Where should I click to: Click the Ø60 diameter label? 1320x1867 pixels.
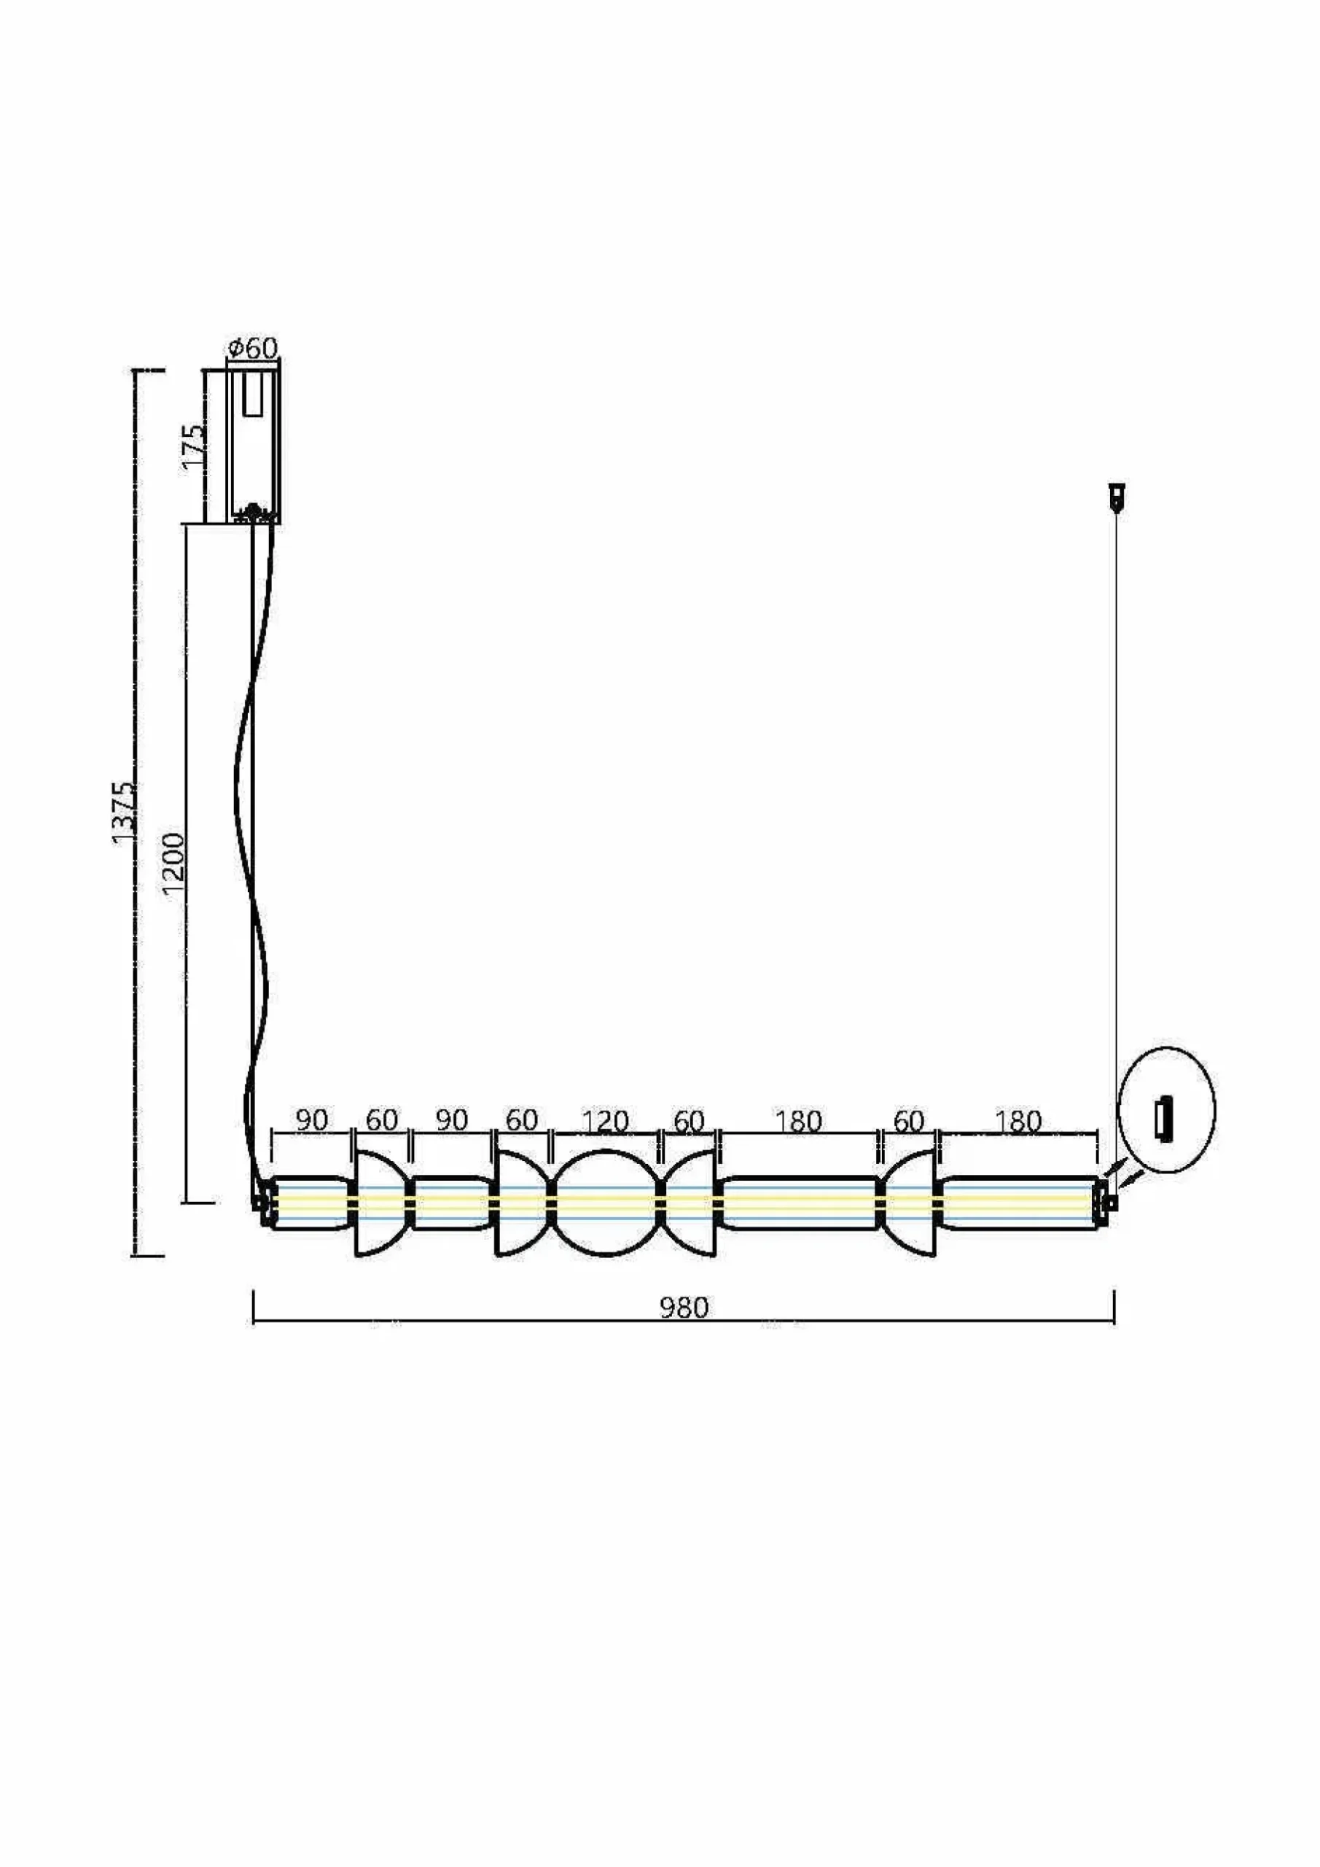tap(253, 349)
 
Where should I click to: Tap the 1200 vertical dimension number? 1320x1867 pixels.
tap(174, 863)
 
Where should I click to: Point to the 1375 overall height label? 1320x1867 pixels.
tap(125, 812)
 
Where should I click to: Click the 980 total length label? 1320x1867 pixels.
tap(684, 1308)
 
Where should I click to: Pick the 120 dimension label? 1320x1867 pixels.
tap(606, 1122)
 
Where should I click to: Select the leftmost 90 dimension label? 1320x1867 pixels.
tap(311, 1119)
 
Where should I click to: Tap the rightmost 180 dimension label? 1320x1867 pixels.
tap(1018, 1122)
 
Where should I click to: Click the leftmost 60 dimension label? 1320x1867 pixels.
tap(381, 1119)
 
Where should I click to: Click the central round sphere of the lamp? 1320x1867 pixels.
tap(606, 1203)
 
